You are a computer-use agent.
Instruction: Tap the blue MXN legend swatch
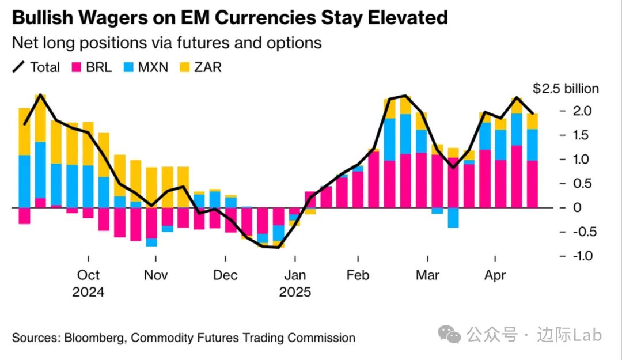point(128,67)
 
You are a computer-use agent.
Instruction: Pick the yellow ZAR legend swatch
point(184,67)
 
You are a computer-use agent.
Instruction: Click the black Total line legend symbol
point(18,67)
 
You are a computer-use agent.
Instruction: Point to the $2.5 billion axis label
point(566,89)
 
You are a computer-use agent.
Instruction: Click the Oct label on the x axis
point(88,275)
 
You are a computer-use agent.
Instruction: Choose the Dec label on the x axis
point(225,275)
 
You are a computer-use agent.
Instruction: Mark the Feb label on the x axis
point(358,275)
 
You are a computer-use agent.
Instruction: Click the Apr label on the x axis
point(495,275)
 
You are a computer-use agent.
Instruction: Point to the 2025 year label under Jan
point(295,292)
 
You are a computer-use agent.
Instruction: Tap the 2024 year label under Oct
point(88,292)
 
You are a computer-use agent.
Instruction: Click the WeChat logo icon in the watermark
point(449,334)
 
